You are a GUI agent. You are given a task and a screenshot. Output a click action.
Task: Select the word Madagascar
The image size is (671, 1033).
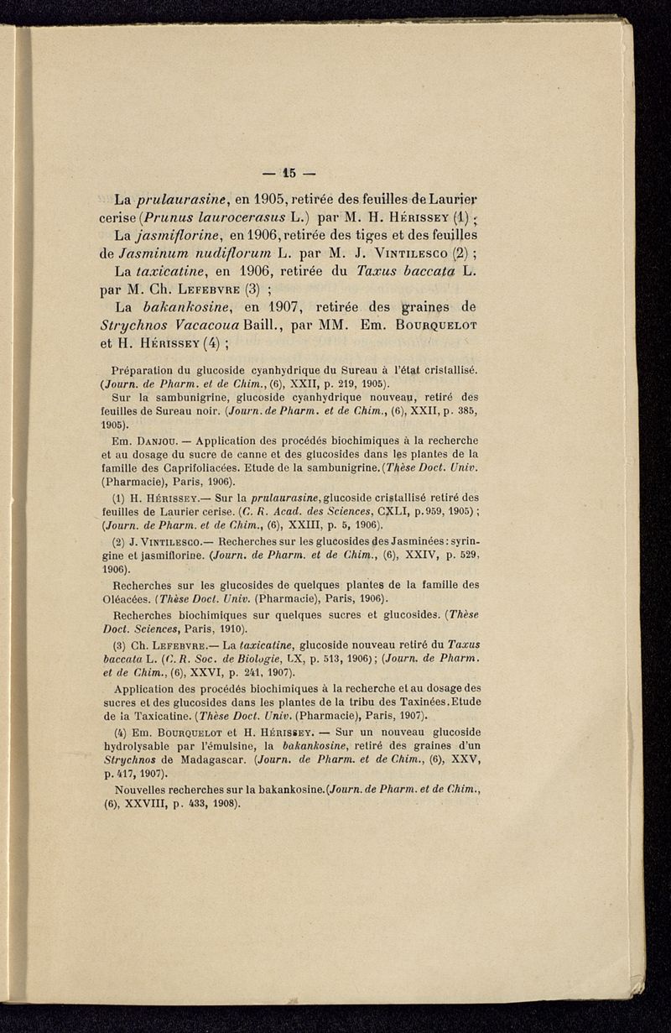(242, 759)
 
